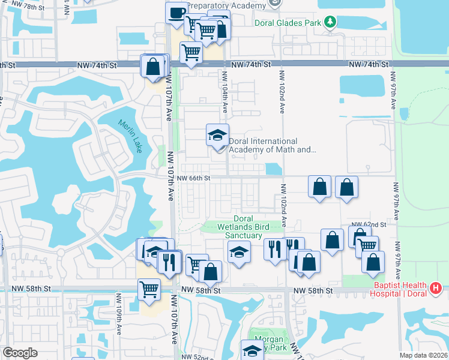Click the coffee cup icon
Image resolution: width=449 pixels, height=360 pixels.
click(176, 13)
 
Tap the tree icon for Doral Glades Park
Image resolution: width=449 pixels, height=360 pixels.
click(329, 22)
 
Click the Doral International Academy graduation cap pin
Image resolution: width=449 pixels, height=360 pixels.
click(217, 135)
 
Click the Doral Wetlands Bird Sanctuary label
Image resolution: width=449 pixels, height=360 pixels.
click(243, 227)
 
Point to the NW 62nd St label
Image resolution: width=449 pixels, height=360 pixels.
click(369, 224)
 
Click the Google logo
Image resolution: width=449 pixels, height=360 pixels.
click(20, 353)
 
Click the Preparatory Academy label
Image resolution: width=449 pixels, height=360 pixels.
click(225, 5)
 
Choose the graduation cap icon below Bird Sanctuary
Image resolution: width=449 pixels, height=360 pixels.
click(238, 252)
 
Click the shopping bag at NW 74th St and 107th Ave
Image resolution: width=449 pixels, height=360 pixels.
click(152, 66)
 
